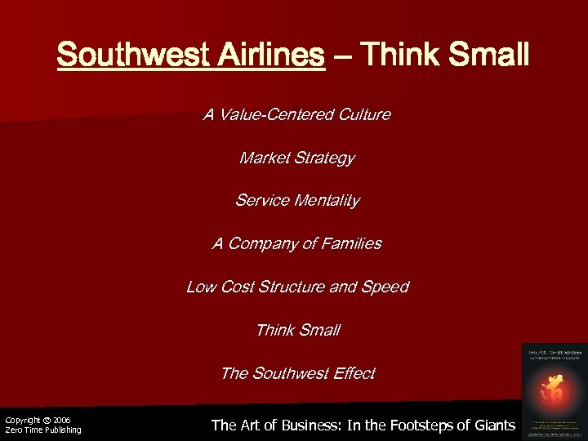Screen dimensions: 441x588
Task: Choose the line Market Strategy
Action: (296, 158)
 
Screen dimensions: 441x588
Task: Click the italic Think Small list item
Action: (297, 330)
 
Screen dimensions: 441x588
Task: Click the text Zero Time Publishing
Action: (42, 430)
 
